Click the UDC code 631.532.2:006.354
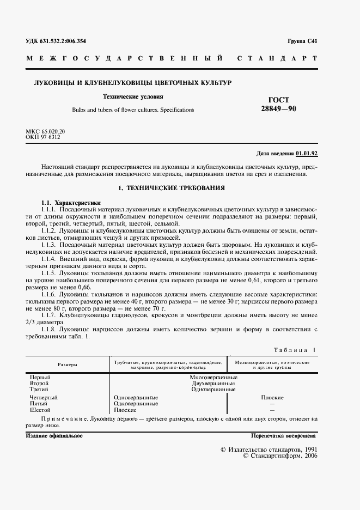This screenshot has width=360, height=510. pos(56,41)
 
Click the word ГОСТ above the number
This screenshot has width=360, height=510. pos(279,100)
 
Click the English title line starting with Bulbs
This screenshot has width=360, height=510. pos(133,110)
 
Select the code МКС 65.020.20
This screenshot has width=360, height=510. pos(45,132)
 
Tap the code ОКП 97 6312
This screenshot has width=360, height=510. pos(43,137)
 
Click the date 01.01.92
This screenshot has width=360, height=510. pos(307,154)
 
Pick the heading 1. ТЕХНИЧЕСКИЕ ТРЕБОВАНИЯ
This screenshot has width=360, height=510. pos(172,187)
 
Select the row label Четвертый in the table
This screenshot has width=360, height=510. pos(44,397)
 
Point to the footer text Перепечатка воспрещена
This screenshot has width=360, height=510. pos(283,436)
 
